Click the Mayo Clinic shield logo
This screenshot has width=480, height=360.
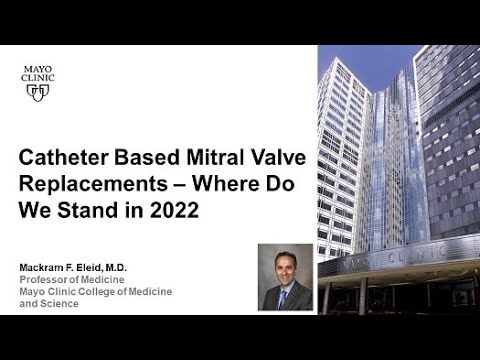pyautogui.click(x=38, y=92)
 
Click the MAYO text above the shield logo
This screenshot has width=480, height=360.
pyautogui.click(x=38, y=69)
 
